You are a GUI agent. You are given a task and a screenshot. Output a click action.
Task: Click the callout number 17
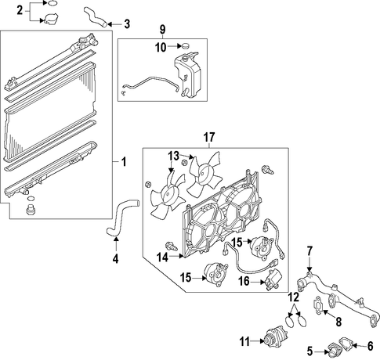[209, 138]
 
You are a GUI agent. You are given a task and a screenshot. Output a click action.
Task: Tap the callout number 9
[162, 29]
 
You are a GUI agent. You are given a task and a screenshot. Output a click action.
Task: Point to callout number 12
[294, 297]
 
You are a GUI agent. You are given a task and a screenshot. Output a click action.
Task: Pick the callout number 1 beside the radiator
[124, 162]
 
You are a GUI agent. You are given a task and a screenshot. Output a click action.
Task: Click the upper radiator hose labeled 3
[95, 17]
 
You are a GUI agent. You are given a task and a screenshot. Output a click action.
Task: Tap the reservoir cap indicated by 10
[185, 46]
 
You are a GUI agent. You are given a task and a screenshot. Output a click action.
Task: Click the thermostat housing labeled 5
[335, 351]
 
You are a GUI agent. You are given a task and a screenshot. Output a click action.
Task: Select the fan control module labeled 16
[273, 279]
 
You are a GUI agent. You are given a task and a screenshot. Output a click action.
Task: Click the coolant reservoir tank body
[187, 74]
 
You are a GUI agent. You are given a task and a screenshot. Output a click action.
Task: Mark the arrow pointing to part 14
[176, 257]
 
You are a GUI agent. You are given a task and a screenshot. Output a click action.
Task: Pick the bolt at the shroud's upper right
[268, 170]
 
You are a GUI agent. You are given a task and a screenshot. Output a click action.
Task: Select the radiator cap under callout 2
[51, 19]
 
